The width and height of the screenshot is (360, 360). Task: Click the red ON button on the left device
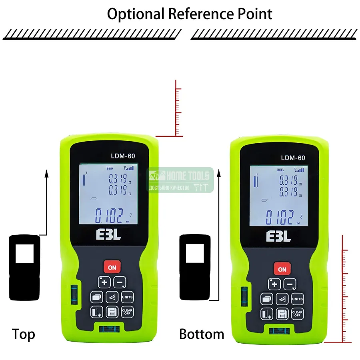(x=112, y=268)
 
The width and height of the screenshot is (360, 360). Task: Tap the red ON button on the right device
(x=282, y=269)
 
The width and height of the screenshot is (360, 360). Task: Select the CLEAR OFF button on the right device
(x=297, y=313)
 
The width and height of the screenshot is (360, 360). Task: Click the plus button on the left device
(x=104, y=282)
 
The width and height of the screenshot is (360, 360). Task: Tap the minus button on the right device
(x=290, y=284)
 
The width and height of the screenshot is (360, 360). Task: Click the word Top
(x=23, y=334)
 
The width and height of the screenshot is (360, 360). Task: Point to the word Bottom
(x=202, y=334)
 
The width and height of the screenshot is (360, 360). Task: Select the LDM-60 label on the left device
(x=123, y=156)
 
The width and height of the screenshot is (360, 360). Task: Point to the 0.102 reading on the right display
(x=280, y=218)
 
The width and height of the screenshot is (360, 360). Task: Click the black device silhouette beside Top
(x=24, y=268)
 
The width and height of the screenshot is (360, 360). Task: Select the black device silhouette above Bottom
(x=194, y=268)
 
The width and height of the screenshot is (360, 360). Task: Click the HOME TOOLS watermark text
(x=188, y=176)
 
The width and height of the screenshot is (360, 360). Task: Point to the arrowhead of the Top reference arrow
(x=46, y=173)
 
